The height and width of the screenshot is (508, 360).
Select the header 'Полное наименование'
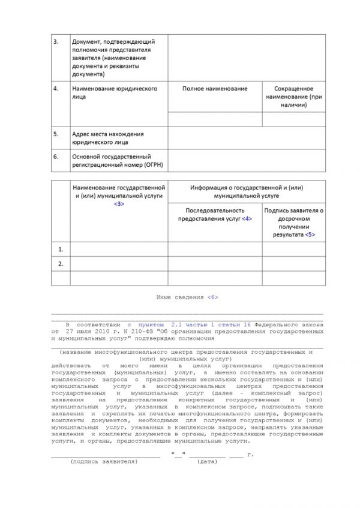[215, 89]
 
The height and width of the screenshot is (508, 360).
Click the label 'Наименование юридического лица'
[114, 92]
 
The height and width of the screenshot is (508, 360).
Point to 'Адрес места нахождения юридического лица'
[108, 139]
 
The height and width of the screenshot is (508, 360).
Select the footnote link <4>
[247, 219]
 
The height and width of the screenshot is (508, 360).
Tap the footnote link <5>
[309, 235]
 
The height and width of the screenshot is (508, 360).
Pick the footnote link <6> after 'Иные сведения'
[212, 297]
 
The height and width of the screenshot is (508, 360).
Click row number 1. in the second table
[60, 248]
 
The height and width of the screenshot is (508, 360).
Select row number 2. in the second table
[60, 263]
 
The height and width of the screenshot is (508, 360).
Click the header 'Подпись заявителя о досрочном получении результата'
[293, 223]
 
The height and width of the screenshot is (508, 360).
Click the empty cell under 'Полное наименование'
[215, 119]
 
